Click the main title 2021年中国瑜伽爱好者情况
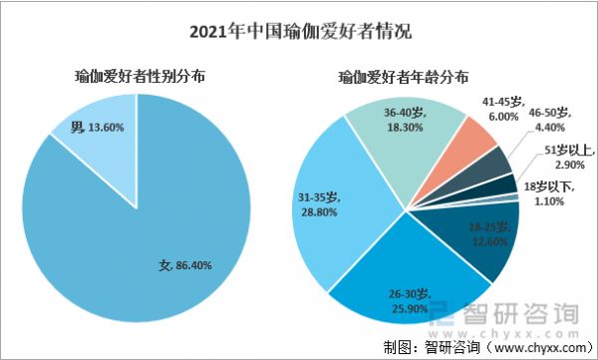point(299,30)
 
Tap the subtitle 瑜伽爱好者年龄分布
point(405,77)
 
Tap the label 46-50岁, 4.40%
point(547,121)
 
